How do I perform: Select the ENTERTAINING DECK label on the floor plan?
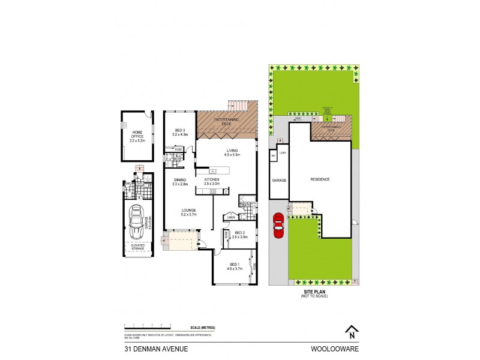[226, 123]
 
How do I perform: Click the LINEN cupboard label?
[231, 217]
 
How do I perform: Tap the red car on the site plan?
[278, 226]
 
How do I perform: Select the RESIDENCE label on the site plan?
[319, 179]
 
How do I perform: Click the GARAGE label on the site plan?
[278, 180]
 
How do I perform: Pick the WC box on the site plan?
[273, 155]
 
